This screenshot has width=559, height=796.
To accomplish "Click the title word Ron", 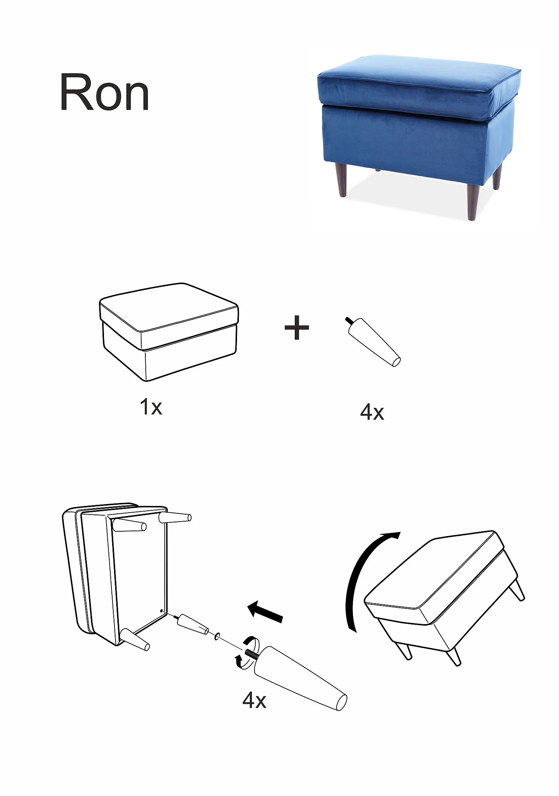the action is coord(105,92).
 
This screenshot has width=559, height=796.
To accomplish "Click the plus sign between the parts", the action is coord(297,327).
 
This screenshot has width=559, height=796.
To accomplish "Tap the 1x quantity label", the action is coord(151,406).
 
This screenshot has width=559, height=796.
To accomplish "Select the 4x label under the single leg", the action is coord(372,412).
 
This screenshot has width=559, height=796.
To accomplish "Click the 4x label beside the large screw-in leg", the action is coord(254,700).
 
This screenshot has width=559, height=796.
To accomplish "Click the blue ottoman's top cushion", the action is coord(419,84).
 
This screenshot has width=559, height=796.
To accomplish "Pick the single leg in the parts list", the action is coord(374,342).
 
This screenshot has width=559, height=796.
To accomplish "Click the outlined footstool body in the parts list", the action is coord(169,332).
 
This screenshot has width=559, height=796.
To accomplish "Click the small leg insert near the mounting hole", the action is coord(193,624).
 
